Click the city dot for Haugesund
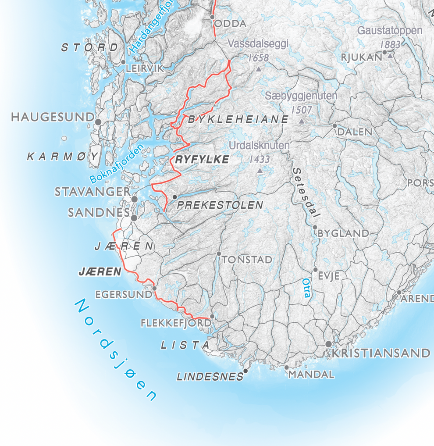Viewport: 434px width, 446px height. click(98, 121)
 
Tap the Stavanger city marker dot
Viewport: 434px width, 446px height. click(135, 199)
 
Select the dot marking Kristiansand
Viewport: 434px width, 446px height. click(328, 344)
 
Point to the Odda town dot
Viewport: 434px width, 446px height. click(212, 18)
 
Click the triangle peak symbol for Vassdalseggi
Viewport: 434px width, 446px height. click(258, 69)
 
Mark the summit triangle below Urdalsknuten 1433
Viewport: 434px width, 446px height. click(260, 171)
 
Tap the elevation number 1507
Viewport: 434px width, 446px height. click(301, 110)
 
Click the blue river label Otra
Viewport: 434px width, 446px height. click(306, 288)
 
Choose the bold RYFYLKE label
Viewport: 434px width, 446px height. click(202, 160)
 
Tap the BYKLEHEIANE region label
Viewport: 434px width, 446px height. click(238, 119)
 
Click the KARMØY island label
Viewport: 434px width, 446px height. click(64, 157)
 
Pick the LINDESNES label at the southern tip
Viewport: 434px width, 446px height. click(210, 376)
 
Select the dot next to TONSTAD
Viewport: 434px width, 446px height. click(219, 253)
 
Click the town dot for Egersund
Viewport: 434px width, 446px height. click(154, 288)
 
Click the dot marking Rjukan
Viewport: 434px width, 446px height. click(384, 53)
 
